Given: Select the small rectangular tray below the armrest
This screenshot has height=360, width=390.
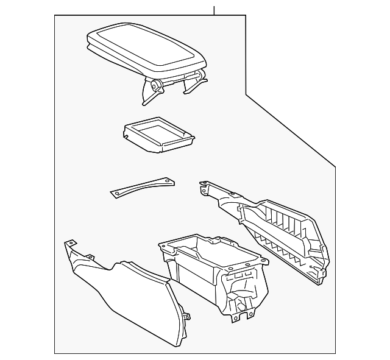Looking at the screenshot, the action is pyautogui.click(x=157, y=135).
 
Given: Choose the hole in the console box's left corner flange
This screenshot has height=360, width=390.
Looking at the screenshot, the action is pyautogui.click(x=163, y=246).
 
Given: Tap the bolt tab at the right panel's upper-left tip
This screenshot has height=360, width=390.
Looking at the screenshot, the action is pyautogui.click(x=203, y=183).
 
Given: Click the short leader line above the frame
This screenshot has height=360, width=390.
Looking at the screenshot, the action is pyautogui.click(x=214, y=10).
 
